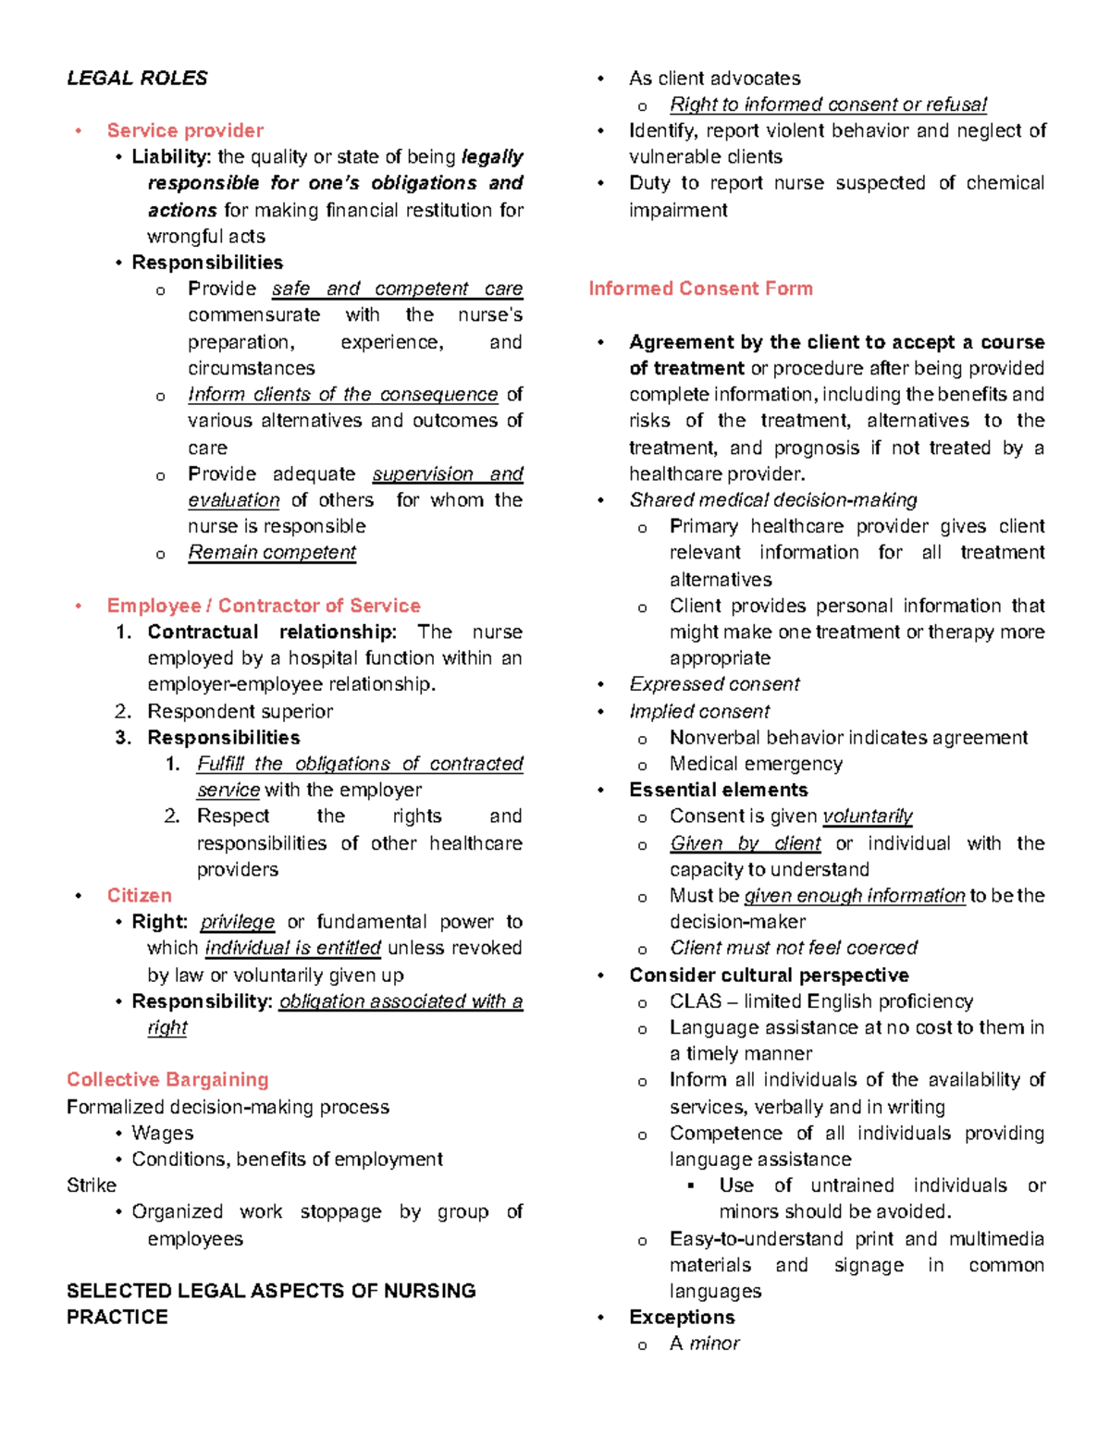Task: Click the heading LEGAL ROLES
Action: click(137, 79)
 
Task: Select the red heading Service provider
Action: click(185, 130)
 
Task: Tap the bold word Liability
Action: click(170, 157)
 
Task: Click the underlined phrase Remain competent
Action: click(272, 553)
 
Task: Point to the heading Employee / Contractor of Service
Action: click(264, 606)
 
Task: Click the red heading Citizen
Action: click(139, 895)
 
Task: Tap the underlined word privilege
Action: click(237, 922)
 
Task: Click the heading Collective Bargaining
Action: click(167, 1080)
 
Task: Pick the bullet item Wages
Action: click(162, 1133)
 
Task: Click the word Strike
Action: click(92, 1185)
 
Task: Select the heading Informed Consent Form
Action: click(700, 288)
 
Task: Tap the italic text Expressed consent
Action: click(714, 684)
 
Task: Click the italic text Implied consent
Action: click(699, 711)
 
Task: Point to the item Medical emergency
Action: click(756, 764)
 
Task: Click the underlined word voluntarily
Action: click(867, 816)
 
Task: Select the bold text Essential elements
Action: click(718, 790)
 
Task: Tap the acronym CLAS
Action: click(696, 1001)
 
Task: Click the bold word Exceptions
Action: click(682, 1317)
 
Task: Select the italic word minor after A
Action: click(714, 1344)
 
